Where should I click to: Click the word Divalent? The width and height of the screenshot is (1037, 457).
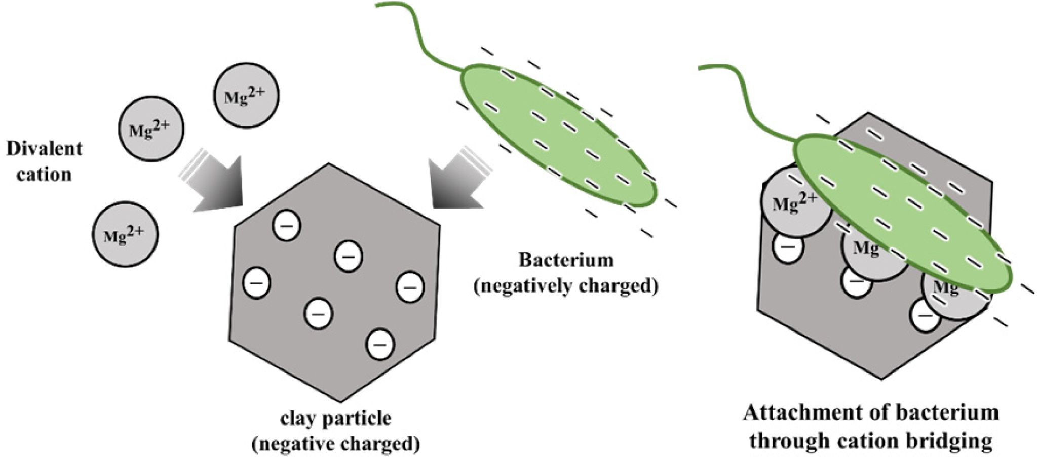(44, 149)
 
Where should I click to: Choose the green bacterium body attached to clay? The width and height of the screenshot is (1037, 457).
(902, 213)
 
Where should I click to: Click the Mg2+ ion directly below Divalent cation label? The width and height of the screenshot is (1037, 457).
(125, 234)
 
